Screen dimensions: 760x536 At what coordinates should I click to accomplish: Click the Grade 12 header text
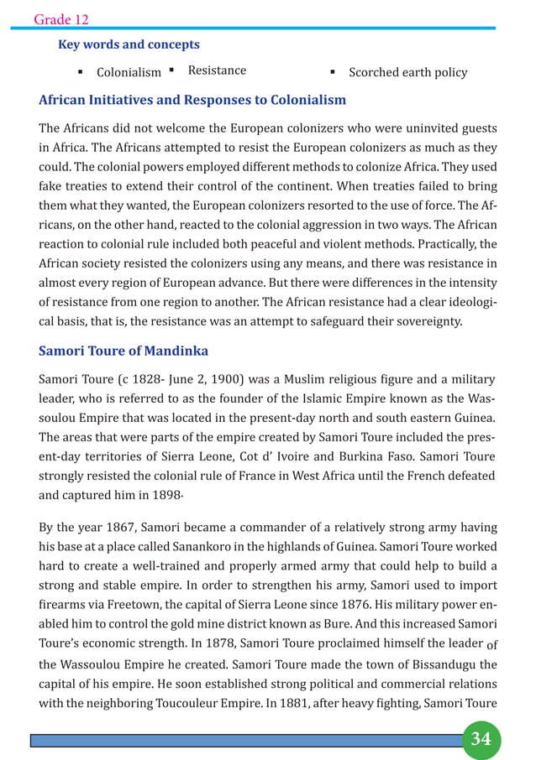61,18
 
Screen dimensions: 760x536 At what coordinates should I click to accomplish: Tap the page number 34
481,739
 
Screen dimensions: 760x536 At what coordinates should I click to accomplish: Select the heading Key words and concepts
129,44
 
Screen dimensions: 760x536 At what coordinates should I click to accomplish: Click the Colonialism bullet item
129,73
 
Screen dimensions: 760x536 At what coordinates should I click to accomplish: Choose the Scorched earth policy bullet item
407,72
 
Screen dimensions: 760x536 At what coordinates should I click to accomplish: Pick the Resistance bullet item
217,70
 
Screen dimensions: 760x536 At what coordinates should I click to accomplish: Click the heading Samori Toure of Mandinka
123,351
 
